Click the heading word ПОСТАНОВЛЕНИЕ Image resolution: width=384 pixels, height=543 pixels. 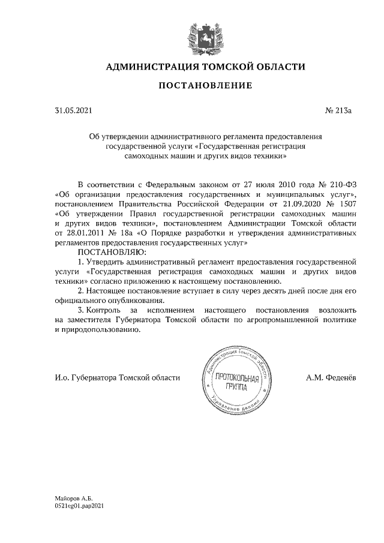(x=205, y=86)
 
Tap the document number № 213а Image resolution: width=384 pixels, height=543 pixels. (x=338, y=110)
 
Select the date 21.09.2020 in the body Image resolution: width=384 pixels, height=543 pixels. (x=296, y=203)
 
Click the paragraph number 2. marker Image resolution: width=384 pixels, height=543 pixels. (x=82, y=290)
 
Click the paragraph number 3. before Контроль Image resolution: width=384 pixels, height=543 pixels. (x=82, y=310)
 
